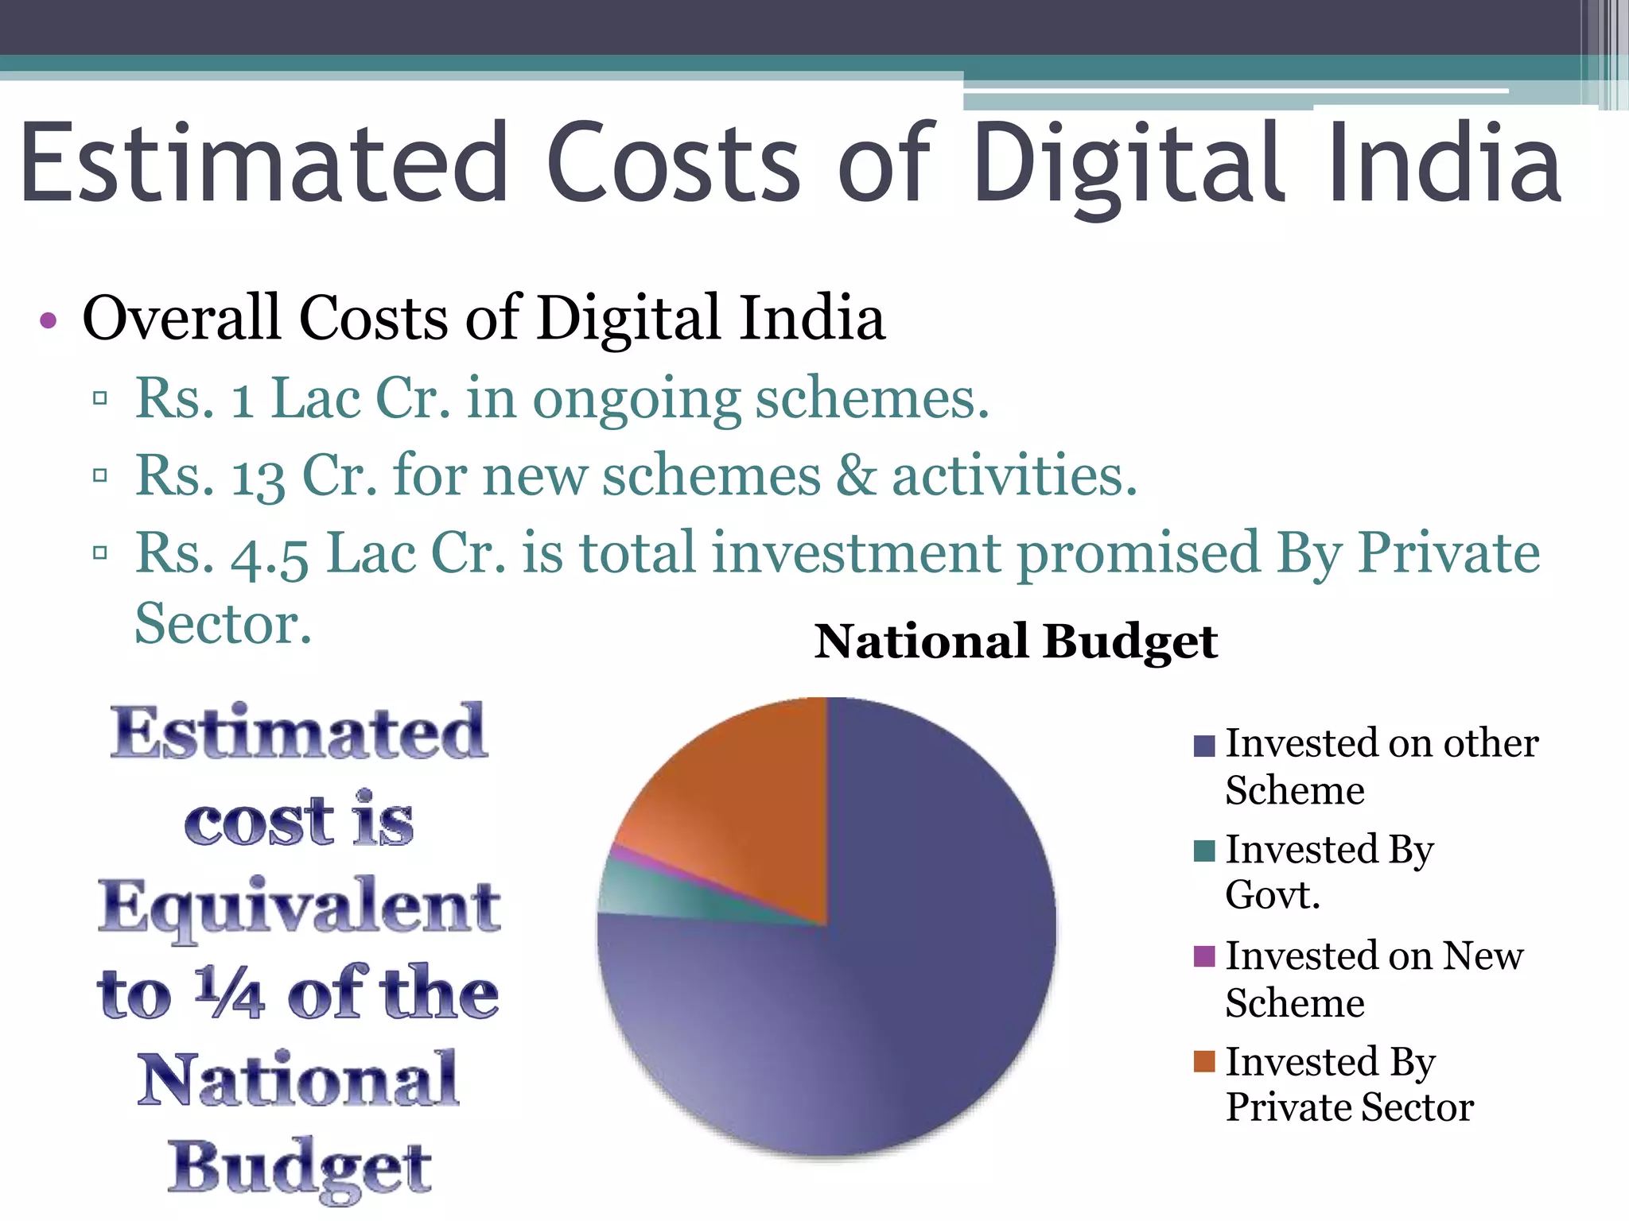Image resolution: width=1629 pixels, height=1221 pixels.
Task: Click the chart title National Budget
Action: pos(1016,642)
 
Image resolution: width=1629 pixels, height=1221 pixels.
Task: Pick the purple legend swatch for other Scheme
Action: pos(1204,746)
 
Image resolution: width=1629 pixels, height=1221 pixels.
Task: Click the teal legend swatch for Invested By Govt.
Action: pos(1204,851)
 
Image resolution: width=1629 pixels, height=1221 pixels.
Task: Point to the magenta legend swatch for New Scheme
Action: pos(1204,956)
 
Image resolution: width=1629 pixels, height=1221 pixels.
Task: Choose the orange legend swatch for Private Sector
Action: pos(1204,1061)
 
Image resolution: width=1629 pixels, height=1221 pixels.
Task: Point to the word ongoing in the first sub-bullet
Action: pos(636,400)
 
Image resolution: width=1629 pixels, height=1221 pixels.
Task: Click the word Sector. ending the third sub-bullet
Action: pos(224,624)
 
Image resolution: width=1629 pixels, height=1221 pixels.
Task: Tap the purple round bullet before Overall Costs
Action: pos(49,320)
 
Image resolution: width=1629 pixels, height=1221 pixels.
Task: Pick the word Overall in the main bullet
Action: pos(182,318)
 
